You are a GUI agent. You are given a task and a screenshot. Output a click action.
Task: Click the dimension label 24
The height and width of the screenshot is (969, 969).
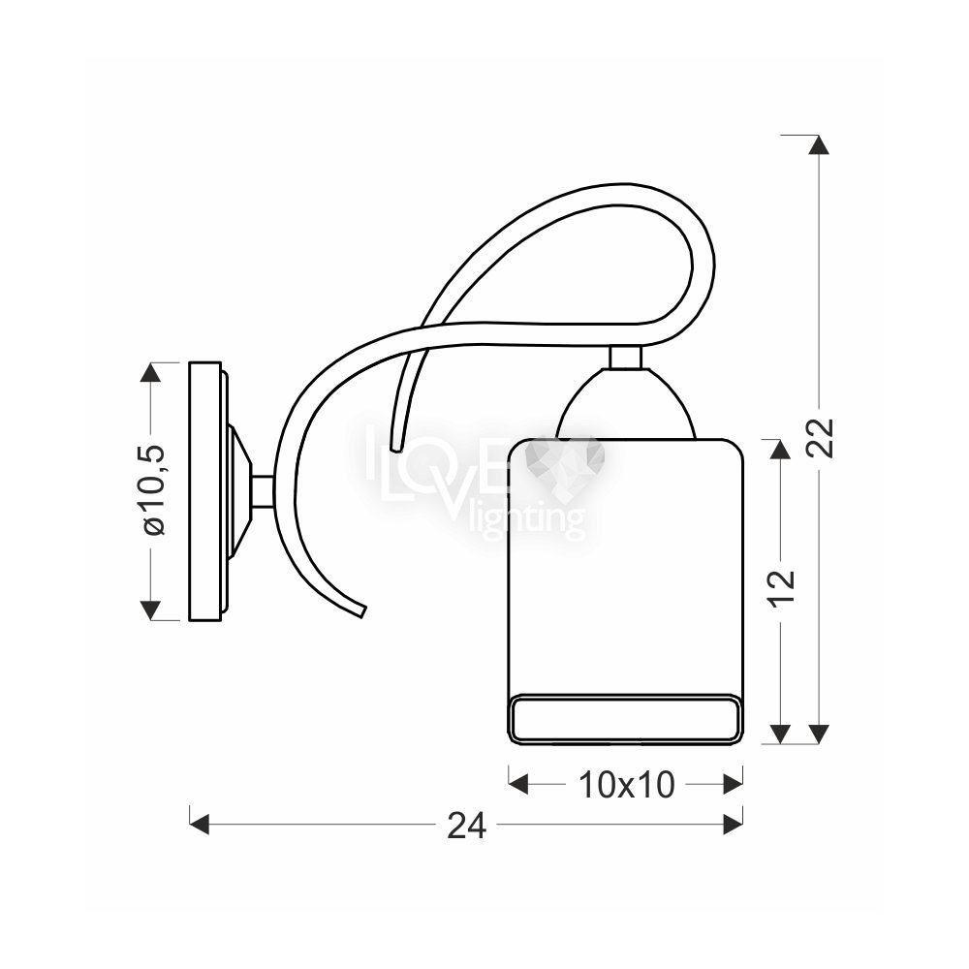click(x=467, y=825)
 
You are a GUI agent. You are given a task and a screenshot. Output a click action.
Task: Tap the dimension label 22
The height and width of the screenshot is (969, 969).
click(x=822, y=438)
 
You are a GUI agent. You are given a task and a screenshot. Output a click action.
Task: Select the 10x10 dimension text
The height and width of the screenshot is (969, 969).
click(x=626, y=786)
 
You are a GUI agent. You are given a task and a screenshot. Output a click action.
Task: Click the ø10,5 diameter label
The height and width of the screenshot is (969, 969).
click(x=153, y=489)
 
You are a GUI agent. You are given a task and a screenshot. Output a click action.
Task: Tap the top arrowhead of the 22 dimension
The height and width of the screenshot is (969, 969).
click(x=820, y=144)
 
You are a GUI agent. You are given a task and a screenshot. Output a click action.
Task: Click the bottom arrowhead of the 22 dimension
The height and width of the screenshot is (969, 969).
click(x=820, y=734)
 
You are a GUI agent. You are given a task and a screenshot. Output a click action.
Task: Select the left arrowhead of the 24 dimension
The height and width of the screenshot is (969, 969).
click(x=199, y=825)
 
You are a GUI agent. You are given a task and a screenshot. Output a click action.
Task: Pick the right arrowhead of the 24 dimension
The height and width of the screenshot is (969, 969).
click(x=733, y=825)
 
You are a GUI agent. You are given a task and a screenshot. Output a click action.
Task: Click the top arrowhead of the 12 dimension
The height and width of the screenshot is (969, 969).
click(x=781, y=450)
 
